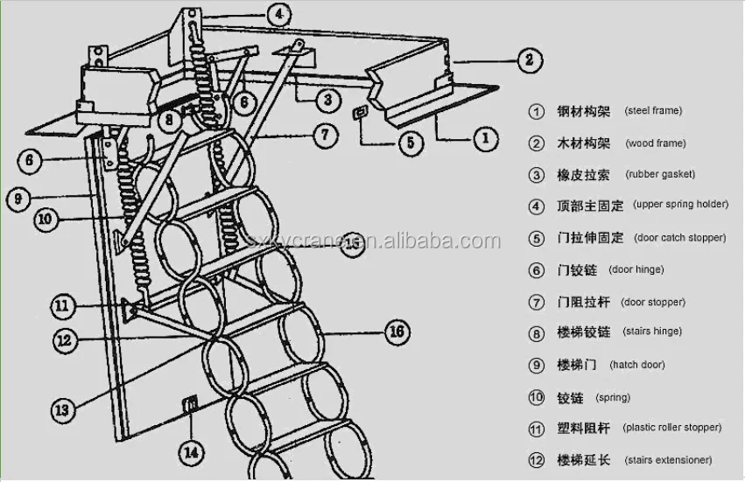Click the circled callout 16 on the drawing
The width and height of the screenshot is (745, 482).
pyautogui.click(x=397, y=332)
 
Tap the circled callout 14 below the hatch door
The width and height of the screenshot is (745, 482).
pyautogui.click(x=191, y=453)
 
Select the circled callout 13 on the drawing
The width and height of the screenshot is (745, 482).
pyautogui.click(x=61, y=409)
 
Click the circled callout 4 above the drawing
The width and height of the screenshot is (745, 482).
pyautogui.click(x=278, y=14)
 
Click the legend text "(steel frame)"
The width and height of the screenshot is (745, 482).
pyautogui.click(x=652, y=111)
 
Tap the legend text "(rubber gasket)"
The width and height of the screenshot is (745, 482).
pyautogui.click(x=660, y=174)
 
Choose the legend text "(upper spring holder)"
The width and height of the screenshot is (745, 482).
pyautogui.click(x=680, y=205)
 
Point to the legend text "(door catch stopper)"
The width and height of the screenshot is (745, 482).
pyautogui.click(x=680, y=237)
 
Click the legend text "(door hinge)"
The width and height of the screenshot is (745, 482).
pyautogui.click(x=636, y=269)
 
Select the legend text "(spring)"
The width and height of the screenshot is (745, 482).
pyautogui.click(x=613, y=397)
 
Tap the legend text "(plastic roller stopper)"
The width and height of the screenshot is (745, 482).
pyautogui.click(x=672, y=428)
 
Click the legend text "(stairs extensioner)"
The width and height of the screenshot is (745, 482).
pyautogui.click(x=667, y=459)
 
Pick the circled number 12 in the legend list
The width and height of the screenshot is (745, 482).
pyautogui.click(x=537, y=459)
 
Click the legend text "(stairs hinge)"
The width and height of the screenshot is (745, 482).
pyautogui.click(x=652, y=332)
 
